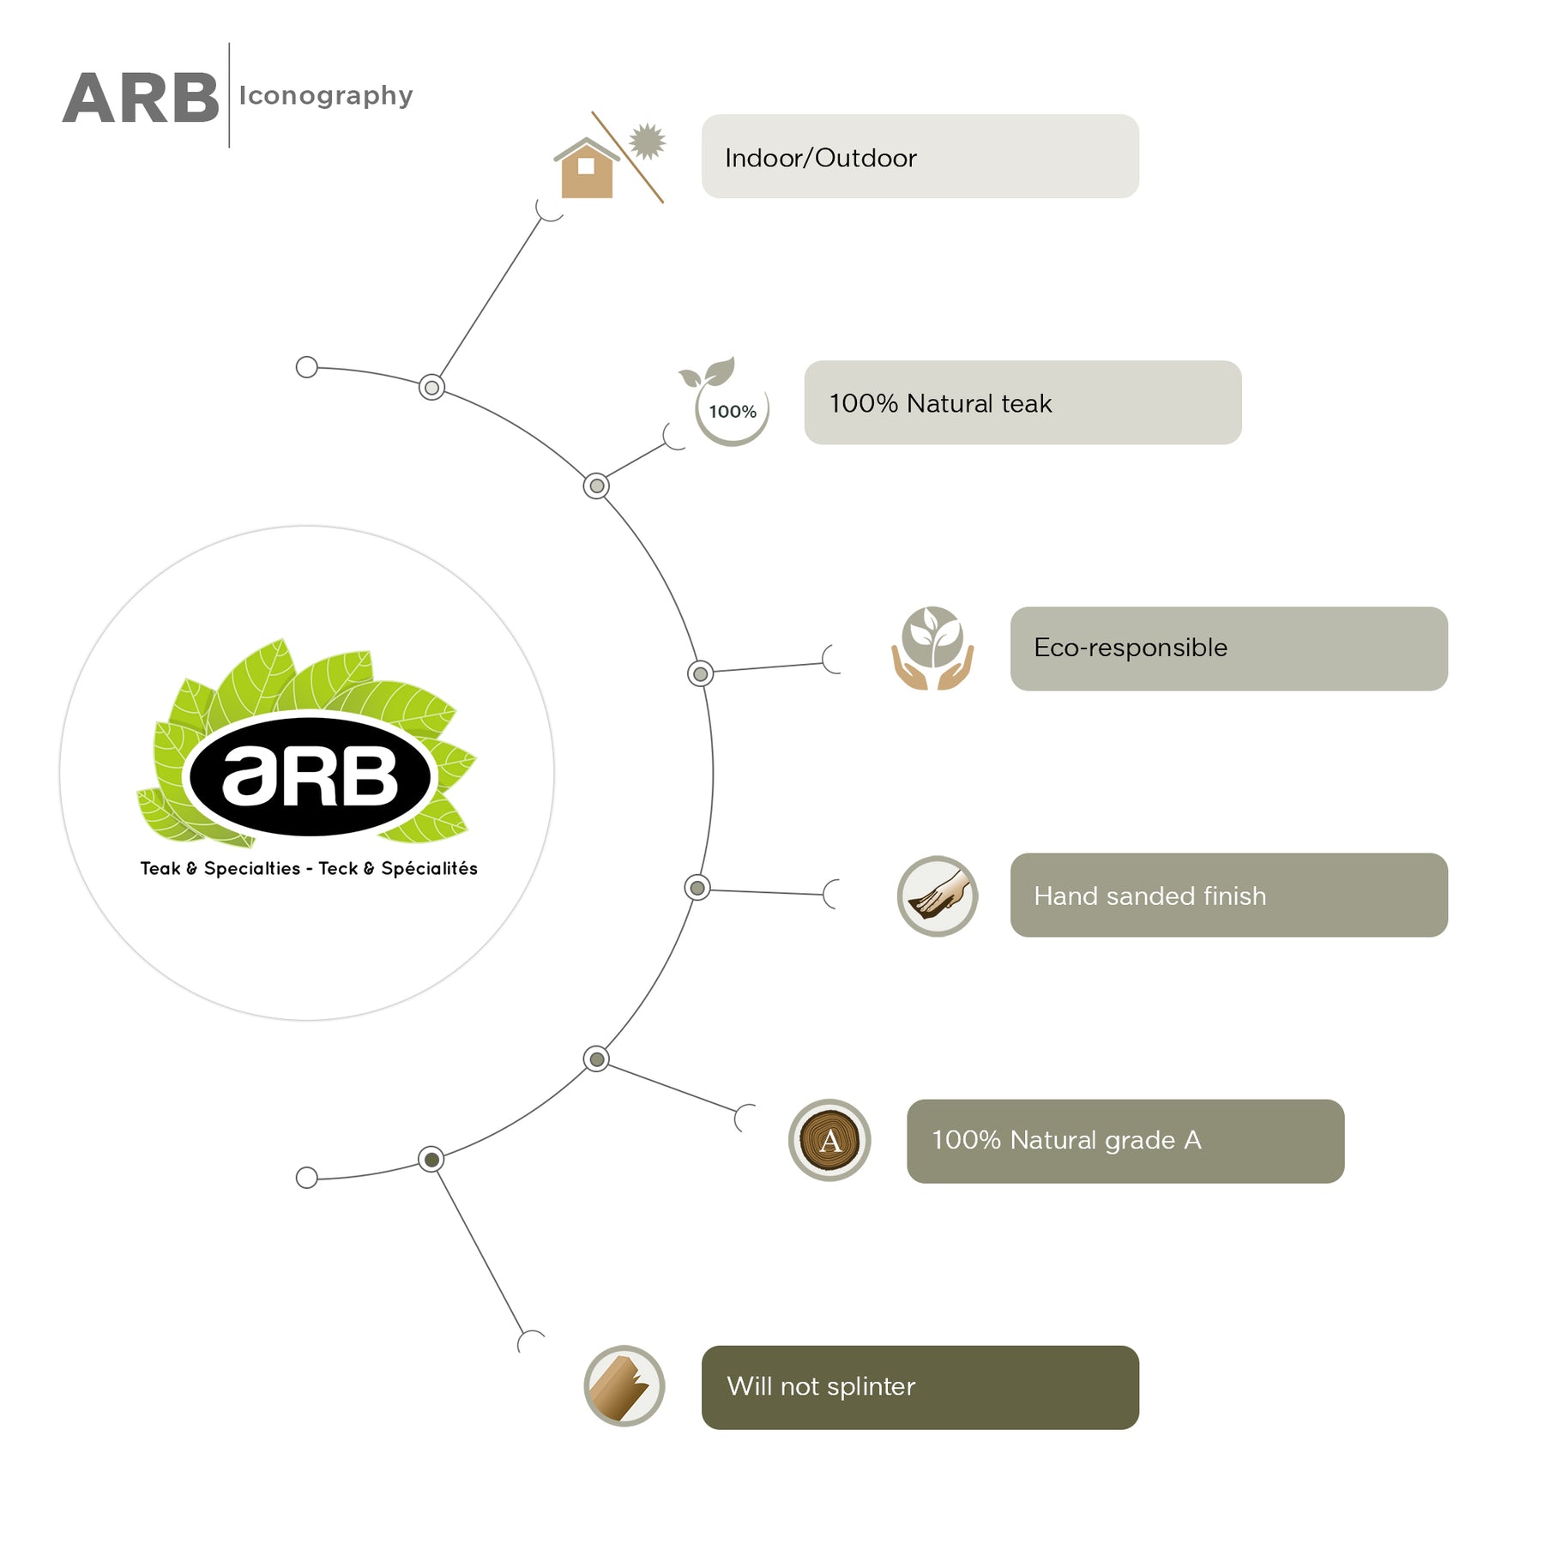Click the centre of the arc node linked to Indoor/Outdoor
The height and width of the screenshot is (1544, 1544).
(431, 388)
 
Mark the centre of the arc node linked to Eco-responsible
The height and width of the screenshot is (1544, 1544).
(700, 673)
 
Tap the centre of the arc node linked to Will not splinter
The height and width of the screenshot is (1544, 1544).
(431, 1160)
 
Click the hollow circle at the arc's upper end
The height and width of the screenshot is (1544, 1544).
(306, 367)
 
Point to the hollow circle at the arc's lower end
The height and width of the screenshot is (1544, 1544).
(306, 1178)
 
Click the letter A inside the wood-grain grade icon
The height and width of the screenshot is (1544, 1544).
(829, 1141)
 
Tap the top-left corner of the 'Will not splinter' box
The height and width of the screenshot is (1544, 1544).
(702, 1346)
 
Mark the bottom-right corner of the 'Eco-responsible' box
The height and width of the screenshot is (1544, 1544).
(1448, 691)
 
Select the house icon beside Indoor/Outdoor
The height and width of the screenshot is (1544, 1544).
(587, 168)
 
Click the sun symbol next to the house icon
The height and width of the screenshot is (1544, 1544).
(647, 142)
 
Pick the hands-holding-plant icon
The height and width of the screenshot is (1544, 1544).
(932, 648)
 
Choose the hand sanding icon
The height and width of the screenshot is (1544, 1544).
(937, 896)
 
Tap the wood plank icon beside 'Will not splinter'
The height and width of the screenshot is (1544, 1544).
(624, 1386)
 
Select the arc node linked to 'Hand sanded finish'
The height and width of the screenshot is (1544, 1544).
(697, 888)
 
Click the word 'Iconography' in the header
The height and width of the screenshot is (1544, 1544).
(326, 96)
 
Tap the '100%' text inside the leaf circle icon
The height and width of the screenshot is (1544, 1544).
(733, 412)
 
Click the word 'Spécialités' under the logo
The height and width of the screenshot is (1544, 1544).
(429, 868)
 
